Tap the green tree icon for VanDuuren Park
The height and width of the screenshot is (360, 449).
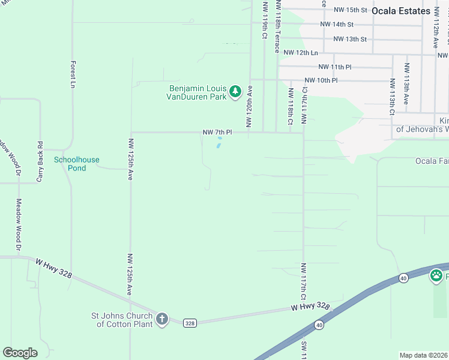236,92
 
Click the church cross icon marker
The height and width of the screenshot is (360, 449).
161,319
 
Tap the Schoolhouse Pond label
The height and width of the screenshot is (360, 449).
77,164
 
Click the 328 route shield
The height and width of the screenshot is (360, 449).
190,323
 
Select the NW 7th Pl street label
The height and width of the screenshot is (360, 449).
217,132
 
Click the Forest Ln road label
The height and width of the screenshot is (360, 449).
73,73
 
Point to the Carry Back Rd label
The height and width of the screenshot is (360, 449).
40,161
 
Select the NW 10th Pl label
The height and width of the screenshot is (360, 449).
321,80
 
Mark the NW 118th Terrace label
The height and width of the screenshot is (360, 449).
277,26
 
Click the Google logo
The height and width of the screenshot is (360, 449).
20,353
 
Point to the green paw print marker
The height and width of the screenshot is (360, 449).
435,277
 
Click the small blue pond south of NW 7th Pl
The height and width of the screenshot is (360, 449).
219,143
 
